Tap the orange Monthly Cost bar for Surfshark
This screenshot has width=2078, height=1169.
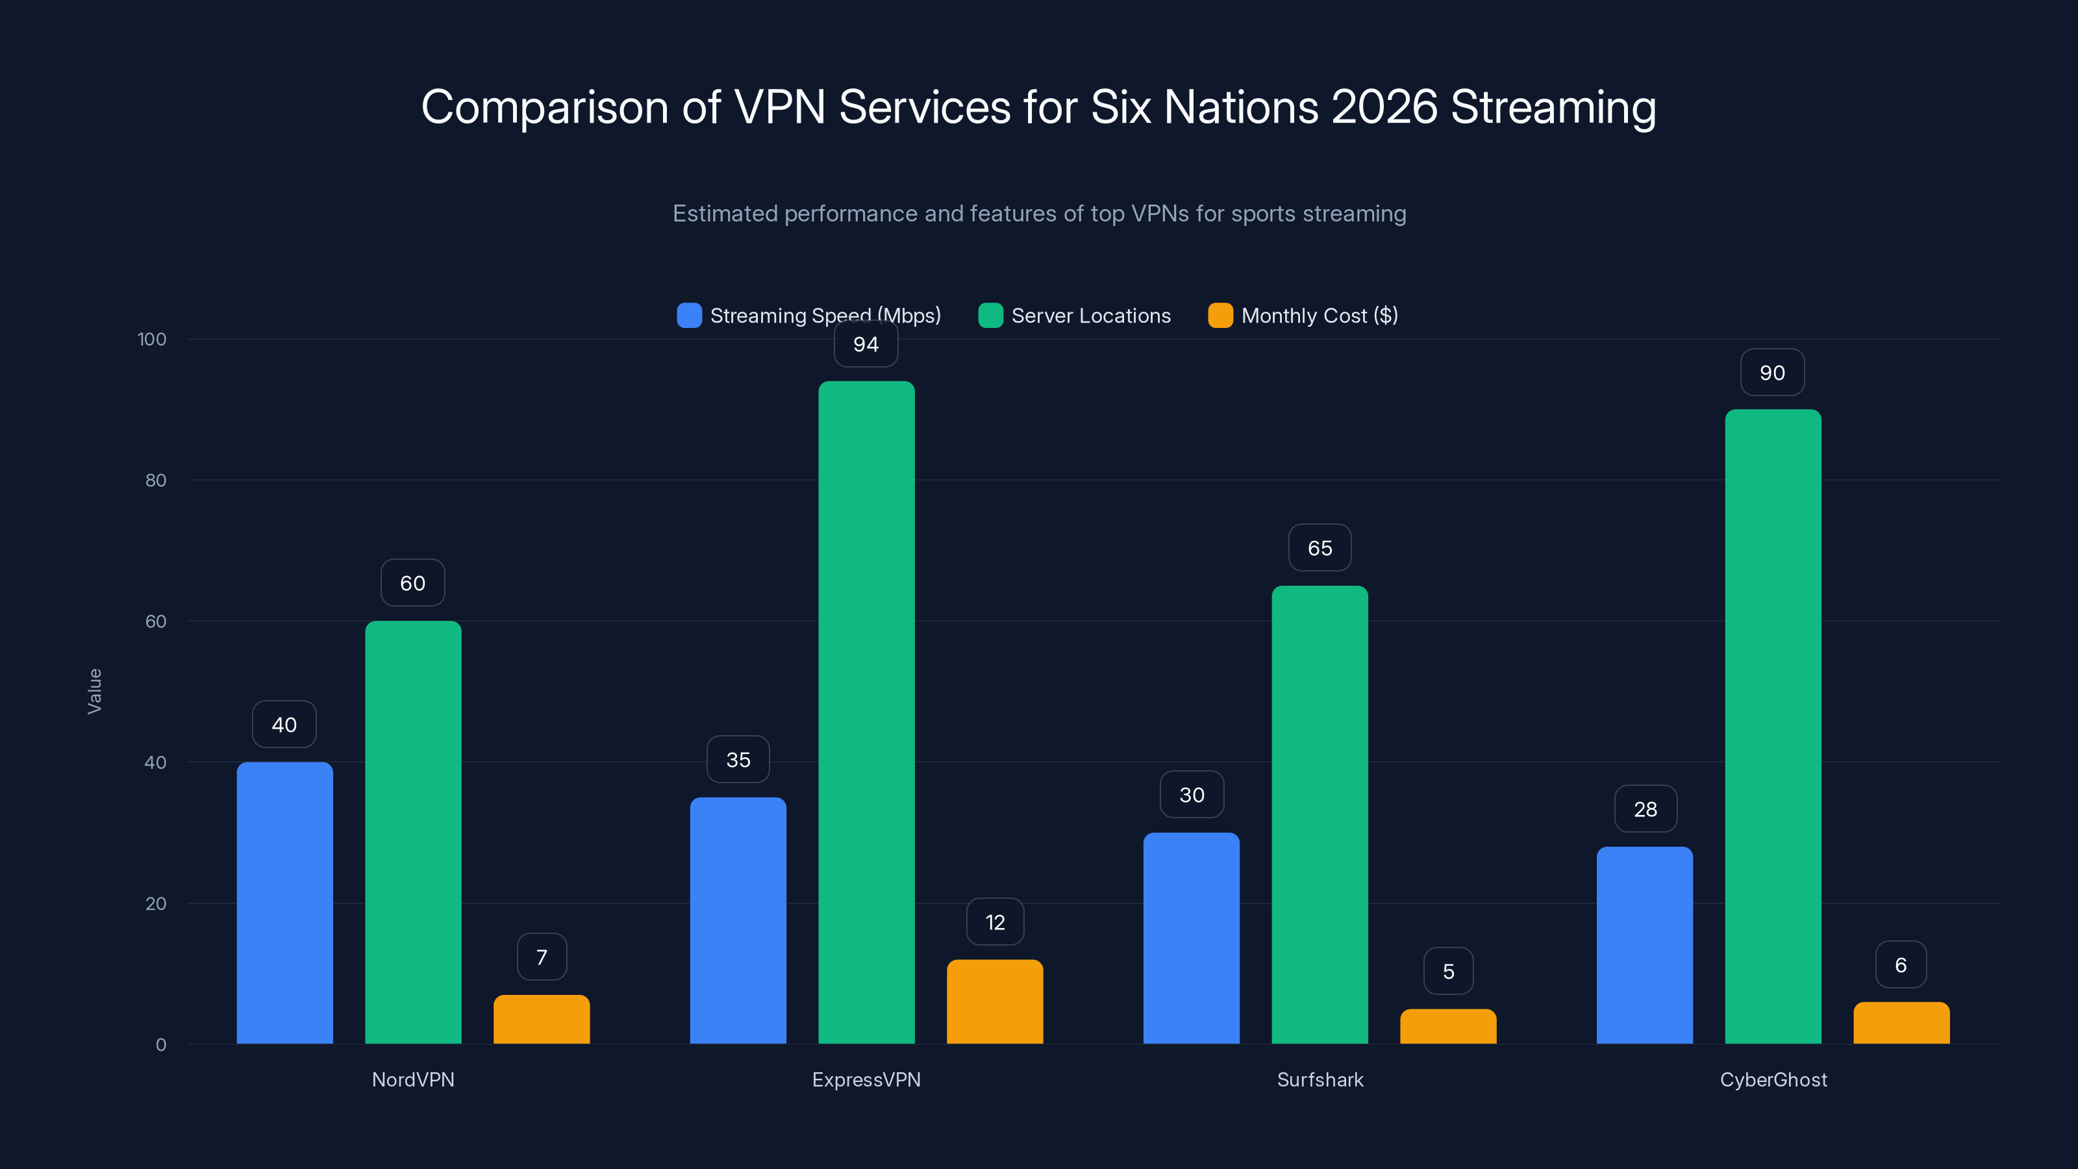pos(1448,1026)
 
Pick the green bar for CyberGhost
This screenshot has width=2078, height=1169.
pos(1772,726)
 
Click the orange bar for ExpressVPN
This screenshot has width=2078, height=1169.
pos(995,1001)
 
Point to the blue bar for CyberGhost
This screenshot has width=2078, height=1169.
pos(1644,945)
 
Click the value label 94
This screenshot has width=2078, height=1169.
pos(866,344)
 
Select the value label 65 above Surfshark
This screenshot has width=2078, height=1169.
pos(1320,549)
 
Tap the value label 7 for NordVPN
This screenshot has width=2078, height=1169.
pos(542,957)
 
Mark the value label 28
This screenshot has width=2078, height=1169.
pos(1645,809)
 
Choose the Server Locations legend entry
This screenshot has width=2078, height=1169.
pos(1090,316)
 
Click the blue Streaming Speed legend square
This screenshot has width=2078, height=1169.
pos(689,316)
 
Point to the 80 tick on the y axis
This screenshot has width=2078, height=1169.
pos(156,481)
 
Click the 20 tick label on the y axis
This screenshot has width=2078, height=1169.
pos(156,903)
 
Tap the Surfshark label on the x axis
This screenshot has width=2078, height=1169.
pos(1320,1079)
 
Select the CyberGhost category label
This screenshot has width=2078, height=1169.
pos(1773,1079)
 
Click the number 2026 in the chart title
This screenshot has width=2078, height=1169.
pos(1383,107)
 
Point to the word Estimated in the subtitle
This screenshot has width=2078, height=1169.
pos(725,214)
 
